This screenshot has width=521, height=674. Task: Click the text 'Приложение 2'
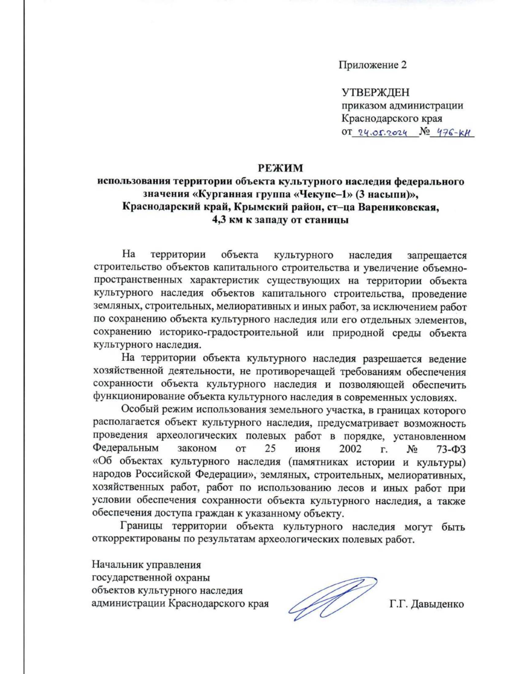click(373, 65)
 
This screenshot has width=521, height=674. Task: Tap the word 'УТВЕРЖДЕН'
click(375, 92)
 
